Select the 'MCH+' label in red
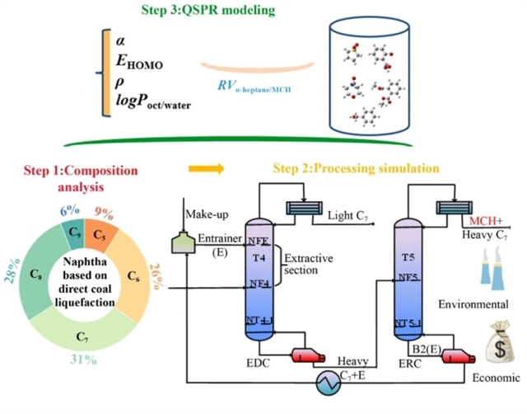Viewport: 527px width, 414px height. click(x=484, y=221)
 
